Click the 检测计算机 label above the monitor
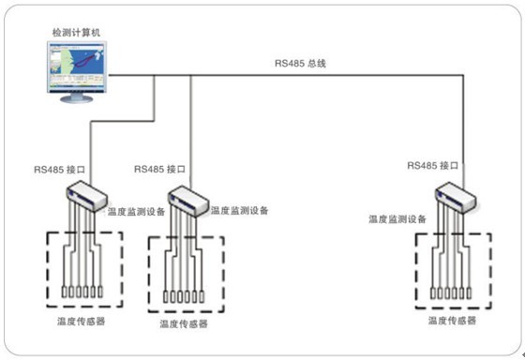pos(77,32)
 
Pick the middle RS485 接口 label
pos(159,170)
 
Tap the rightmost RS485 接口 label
pos(434,165)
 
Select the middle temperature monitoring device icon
pos(187,199)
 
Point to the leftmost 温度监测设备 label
pos(137,213)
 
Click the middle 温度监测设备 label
pos(240,212)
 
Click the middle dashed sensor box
pos(187,273)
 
